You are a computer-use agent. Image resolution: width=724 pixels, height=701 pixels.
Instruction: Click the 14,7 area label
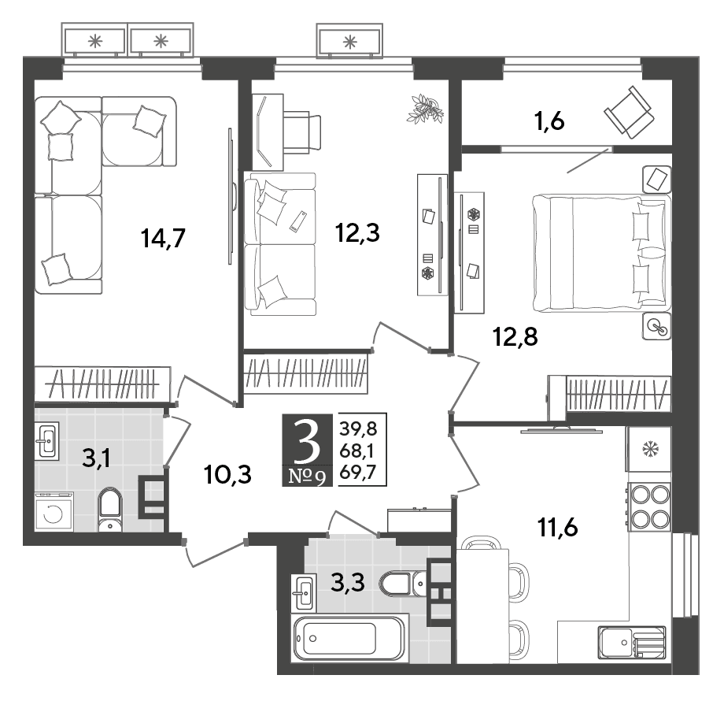point(163,239)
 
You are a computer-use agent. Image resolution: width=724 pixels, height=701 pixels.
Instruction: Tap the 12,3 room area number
point(358,233)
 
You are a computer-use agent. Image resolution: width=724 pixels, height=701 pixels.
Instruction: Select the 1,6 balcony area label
point(549,122)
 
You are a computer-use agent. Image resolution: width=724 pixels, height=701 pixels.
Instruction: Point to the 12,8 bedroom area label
point(515,336)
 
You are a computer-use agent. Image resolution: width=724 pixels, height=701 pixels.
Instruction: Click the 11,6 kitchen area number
point(558,527)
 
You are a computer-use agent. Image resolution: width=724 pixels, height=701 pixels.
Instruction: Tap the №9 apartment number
point(307,476)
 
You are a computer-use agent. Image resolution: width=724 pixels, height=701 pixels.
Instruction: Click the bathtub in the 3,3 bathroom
point(349,638)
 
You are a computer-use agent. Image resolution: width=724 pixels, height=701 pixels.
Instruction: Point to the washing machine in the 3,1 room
point(54,511)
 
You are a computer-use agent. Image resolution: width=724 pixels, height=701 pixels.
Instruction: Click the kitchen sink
point(632,642)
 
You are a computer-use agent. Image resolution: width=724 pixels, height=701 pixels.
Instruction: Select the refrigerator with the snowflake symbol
point(648,449)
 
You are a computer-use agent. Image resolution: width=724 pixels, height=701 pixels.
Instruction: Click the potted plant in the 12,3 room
point(425,109)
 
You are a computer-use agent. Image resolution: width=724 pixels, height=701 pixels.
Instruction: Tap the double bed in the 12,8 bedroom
point(601,252)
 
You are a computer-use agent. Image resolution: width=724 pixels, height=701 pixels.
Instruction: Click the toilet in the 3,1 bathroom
point(110,510)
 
